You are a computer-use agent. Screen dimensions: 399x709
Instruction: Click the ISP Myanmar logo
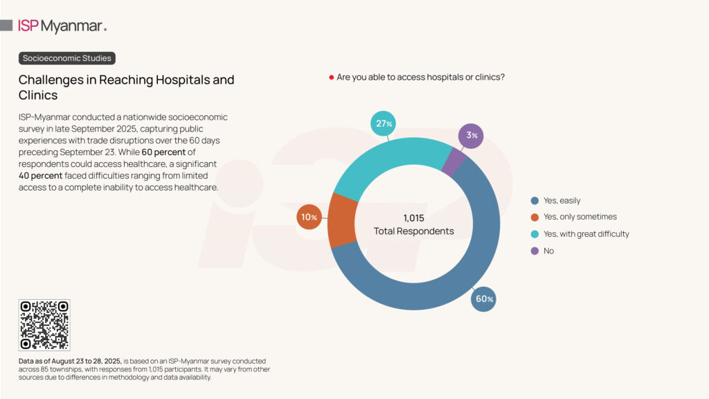click(62, 26)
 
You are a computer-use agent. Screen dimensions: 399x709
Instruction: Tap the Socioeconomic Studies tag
click(66, 58)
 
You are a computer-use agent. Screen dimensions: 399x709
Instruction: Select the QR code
click(44, 325)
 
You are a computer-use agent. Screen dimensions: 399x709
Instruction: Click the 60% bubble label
click(484, 299)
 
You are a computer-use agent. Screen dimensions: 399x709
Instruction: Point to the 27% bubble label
click(384, 123)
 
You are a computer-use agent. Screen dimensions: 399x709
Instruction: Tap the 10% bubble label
click(308, 218)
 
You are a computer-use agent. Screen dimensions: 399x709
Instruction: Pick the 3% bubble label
click(472, 136)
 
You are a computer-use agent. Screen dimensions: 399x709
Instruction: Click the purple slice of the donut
click(454, 163)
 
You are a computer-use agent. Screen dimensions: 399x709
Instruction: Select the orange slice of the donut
click(341, 220)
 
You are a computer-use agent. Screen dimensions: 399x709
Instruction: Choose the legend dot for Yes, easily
click(535, 200)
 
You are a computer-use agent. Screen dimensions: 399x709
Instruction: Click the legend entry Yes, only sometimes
click(580, 217)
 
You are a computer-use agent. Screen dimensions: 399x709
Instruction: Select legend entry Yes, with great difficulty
click(586, 234)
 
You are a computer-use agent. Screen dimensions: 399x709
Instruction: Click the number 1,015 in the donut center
click(414, 218)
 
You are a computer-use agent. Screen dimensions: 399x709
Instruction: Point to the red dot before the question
click(332, 77)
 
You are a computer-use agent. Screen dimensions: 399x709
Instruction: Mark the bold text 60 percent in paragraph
click(163, 152)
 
